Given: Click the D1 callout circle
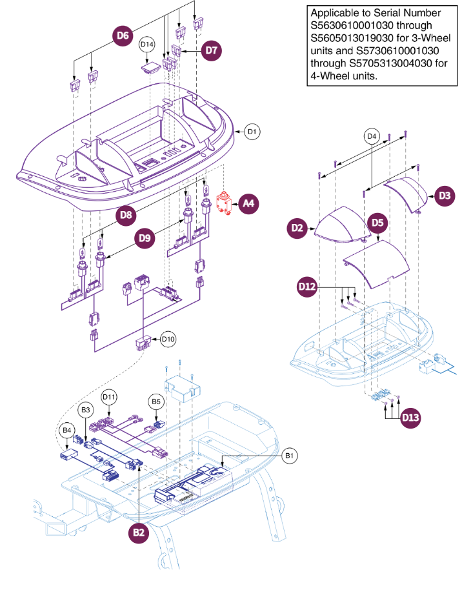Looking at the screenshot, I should point(253,132).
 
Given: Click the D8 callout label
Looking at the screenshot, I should point(127,214).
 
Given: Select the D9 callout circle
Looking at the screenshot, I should point(146,238).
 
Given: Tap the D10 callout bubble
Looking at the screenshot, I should point(168,339).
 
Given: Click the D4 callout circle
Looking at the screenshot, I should point(371,136).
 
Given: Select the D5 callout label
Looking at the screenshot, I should point(377,223).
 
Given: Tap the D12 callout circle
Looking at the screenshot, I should point(307,285).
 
